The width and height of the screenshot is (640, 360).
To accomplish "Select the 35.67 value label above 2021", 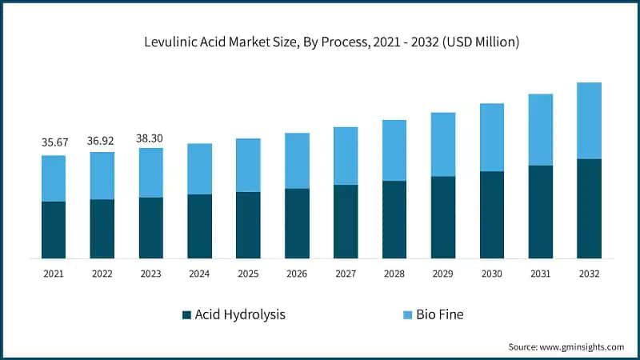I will pos(54,142).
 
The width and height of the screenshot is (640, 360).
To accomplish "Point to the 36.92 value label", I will pos(102,140).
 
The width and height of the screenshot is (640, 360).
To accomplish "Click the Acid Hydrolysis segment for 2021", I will pos(54,230).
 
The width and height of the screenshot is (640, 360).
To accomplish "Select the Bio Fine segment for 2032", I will pos(589,121).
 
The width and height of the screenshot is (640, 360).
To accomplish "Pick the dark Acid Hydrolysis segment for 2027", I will pos(346,222).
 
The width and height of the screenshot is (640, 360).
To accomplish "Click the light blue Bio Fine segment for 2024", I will pos(199,169).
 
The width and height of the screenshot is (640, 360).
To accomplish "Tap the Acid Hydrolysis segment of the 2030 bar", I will pos(491,214).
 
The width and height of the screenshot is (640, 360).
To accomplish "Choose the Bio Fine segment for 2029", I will pos(442,145).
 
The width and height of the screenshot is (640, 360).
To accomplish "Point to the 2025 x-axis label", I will pos(248,274).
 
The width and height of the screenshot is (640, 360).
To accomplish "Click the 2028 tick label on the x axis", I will pos(394,274).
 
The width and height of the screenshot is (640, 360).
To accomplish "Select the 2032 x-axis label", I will pos(589,274).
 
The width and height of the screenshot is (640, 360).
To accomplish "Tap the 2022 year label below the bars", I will pos(102,274).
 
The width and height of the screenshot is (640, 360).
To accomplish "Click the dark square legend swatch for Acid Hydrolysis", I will pos(186,314).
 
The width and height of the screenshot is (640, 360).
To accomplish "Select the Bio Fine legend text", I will pos(439,314).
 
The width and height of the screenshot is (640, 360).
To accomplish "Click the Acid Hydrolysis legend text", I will pos(240,314).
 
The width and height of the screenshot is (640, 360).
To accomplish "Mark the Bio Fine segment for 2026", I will pos(297,161).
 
